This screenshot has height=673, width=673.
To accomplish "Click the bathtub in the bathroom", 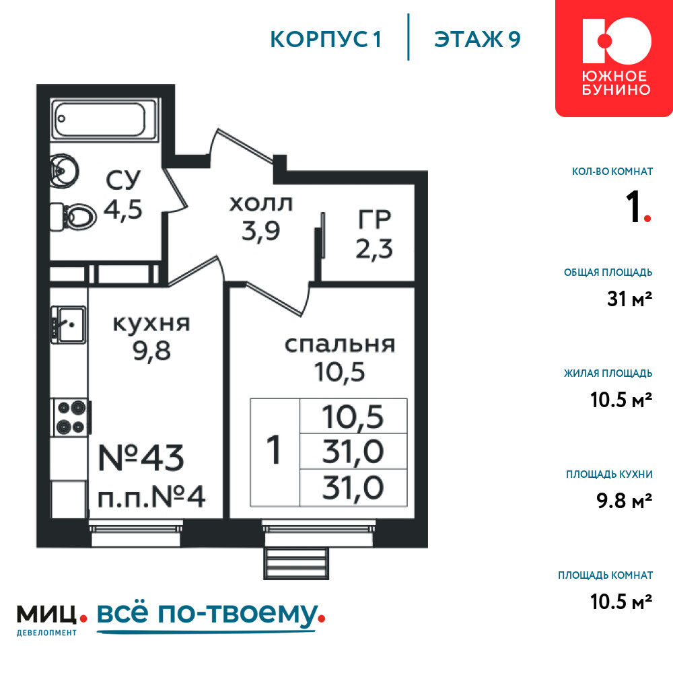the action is pos(104,119).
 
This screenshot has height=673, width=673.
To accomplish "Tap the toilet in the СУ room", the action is pos(73,217).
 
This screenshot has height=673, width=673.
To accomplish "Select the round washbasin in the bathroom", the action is pos(65,171).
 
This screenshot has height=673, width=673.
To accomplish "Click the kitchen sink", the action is pos(69,324).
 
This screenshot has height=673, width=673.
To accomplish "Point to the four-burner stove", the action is pos(71,417).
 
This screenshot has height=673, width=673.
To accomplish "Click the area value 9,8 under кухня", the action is pos(151,351).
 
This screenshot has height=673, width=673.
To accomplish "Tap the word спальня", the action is pos(339,345).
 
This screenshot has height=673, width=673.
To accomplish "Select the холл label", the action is pos(260,204).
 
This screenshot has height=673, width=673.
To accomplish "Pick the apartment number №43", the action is pos(141,458).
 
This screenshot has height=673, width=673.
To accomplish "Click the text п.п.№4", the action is pos(151,497).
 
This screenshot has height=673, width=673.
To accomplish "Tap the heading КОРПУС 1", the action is pos(326,40).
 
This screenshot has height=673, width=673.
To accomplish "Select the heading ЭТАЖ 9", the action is pos(477,40).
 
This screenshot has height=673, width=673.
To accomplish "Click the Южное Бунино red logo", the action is pos(614,59).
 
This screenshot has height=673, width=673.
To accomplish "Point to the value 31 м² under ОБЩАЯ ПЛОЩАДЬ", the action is pos(630,299).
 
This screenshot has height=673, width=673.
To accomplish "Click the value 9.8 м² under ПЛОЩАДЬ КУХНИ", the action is pos(624,501).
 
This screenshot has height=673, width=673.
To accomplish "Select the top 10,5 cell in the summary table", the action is pos(353,417).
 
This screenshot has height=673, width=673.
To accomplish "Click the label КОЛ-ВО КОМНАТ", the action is pos(612,172).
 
